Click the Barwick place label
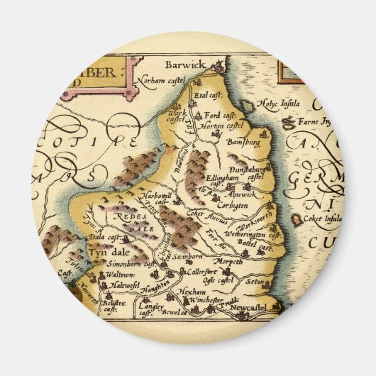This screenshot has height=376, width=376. coord(185,65)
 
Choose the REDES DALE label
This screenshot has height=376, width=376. coord(128,221)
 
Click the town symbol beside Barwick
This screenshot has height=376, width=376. coord(220,67)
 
